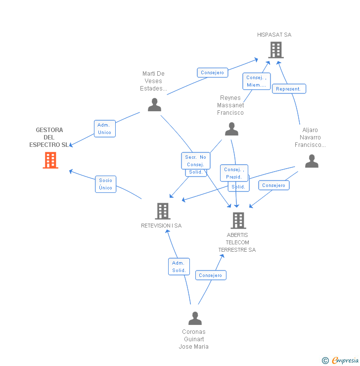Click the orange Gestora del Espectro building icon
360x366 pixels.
(50, 160)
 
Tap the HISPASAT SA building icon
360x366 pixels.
(276, 50)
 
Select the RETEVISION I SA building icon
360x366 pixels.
(162, 211)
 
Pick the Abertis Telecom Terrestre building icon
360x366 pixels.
(238, 221)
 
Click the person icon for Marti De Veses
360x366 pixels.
(154, 105)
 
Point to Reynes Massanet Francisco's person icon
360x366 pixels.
(231, 129)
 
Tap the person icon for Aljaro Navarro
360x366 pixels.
(312, 161)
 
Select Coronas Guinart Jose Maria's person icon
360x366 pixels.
(195, 318)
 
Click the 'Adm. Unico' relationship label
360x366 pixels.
(104, 129)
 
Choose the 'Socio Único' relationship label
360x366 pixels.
(105, 184)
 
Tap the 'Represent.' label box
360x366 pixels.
(289, 89)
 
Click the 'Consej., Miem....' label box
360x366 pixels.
(256, 81)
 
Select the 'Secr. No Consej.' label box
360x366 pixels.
(195, 161)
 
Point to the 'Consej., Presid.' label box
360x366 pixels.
(233, 173)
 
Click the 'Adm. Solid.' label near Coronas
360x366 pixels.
(179, 267)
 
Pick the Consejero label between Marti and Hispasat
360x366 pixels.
(212, 73)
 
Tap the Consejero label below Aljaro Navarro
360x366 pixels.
(273, 185)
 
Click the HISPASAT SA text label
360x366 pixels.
(274, 35)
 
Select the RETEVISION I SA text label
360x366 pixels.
(161, 226)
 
